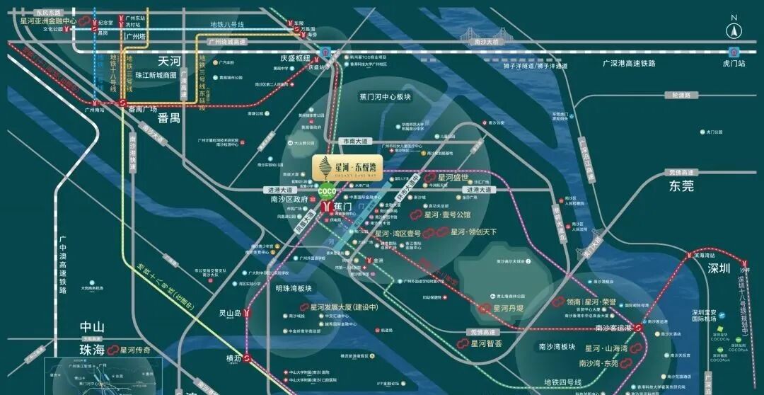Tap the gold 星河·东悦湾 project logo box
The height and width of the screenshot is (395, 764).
coord(347,167)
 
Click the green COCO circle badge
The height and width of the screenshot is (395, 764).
coord(327,191)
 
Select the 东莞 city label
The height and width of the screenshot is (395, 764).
coord(681,186)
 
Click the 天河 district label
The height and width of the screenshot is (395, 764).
coord(170,61)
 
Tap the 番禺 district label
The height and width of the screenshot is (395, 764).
coord(169,118)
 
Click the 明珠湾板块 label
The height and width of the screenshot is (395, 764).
coord(294,289)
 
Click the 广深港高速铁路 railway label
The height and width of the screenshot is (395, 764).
coord(629,64)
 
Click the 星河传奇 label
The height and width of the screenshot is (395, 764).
coord(135,350)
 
